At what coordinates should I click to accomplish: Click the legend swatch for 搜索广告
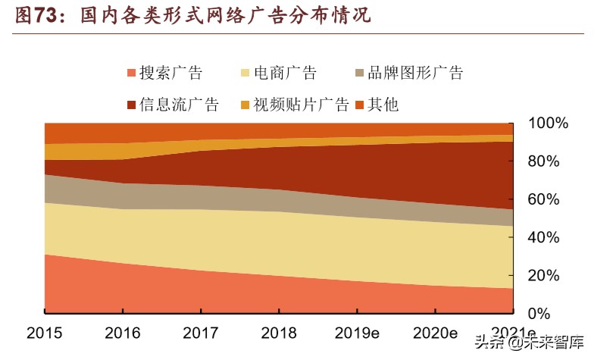(131, 74)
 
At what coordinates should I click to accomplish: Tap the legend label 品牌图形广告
(414, 74)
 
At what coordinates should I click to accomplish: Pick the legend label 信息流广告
(180, 105)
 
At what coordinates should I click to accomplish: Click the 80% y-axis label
(547, 161)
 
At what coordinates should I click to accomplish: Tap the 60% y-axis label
(547, 199)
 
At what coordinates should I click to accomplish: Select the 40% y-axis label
(547, 237)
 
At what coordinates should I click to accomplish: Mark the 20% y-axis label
(547, 275)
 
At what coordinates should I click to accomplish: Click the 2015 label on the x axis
(45, 333)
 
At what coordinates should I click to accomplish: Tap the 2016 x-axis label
(123, 333)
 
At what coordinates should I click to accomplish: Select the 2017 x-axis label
(201, 333)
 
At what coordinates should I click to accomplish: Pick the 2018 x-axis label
(279, 333)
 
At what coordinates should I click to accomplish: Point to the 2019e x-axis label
(357, 333)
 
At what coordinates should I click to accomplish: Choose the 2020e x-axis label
(435, 333)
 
